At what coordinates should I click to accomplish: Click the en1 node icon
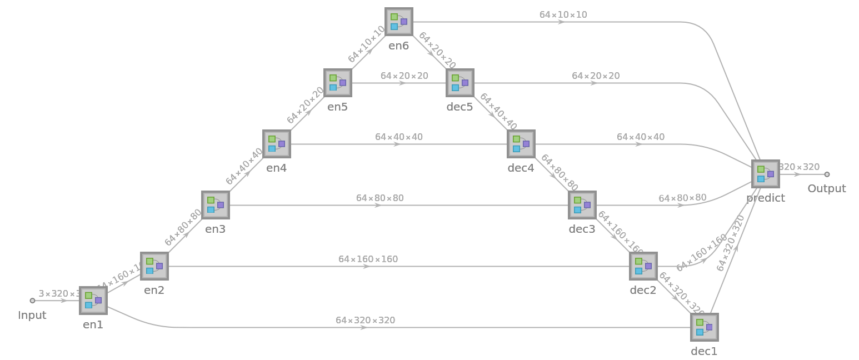pyautogui.click(x=93, y=301)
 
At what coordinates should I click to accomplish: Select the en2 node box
pyautogui.click(x=154, y=266)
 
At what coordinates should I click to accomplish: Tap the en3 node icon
pyautogui.click(x=216, y=205)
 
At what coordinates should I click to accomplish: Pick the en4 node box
pyautogui.click(x=277, y=144)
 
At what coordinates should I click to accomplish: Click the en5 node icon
pyautogui.click(x=338, y=83)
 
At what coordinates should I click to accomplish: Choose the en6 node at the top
pyautogui.click(x=399, y=22)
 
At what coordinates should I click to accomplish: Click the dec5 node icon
pyautogui.click(x=460, y=83)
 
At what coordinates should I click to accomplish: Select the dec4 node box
pyautogui.click(x=521, y=144)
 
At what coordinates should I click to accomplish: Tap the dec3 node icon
pyautogui.click(x=582, y=205)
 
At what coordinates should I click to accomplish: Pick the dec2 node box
pyautogui.click(x=643, y=266)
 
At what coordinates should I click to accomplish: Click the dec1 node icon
pyautogui.click(x=705, y=327)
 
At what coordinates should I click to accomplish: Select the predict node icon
pyautogui.click(x=766, y=174)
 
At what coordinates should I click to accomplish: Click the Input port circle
pyautogui.click(x=32, y=301)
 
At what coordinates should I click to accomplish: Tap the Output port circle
pyautogui.click(x=827, y=174)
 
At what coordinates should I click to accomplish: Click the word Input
pyautogui.click(x=32, y=316)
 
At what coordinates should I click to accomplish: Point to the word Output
pyautogui.click(x=827, y=189)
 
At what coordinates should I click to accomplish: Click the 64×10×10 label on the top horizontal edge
pyautogui.click(x=563, y=14)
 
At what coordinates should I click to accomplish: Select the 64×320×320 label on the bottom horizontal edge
pyautogui.click(x=365, y=320)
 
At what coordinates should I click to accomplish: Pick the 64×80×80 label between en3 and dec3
pyautogui.click(x=379, y=198)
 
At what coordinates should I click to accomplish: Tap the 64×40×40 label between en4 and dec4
pyautogui.click(x=398, y=137)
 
